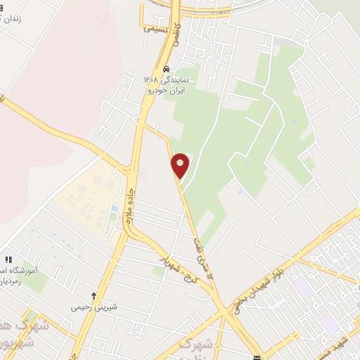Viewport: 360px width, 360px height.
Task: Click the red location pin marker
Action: (x=181, y=166)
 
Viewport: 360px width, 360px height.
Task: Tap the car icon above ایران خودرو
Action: (x=166, y=70)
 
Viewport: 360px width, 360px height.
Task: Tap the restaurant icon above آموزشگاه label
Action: (x=8, y=259)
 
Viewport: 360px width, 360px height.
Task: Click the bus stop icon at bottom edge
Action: (x=257, y=356)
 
